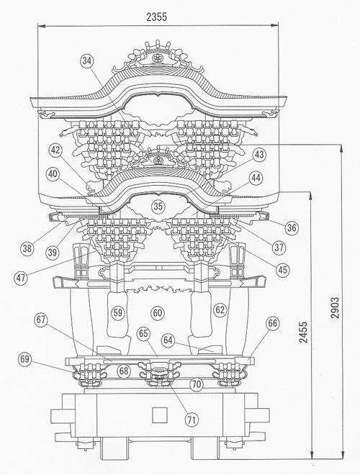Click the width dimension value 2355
157,17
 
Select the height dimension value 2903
335,307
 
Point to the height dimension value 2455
303,332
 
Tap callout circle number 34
87,61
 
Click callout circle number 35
158,207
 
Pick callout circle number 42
55,150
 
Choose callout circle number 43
259,155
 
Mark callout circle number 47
21,278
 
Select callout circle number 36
292,227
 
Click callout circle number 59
118,312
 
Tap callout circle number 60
158,312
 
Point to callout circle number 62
220,309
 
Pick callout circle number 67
41,320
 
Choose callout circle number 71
192,420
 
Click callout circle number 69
25,359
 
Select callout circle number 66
272,324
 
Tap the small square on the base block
159,415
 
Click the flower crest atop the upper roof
157,58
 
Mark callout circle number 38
27,248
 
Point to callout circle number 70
197,384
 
